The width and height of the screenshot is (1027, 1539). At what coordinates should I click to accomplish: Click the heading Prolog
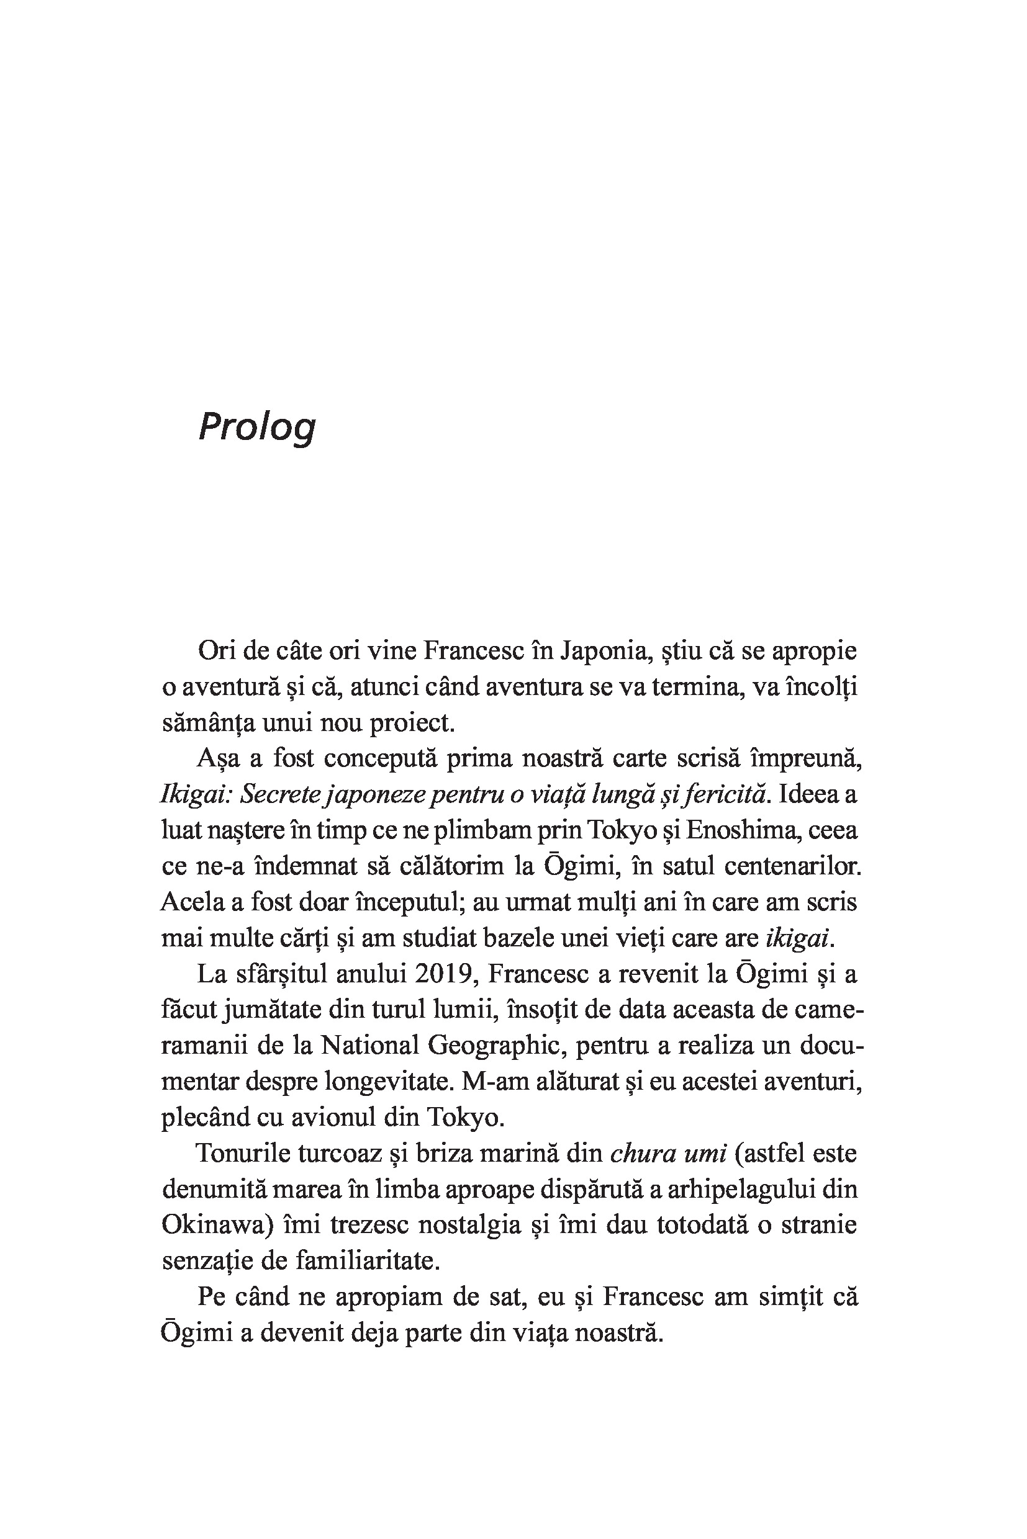[257, 427]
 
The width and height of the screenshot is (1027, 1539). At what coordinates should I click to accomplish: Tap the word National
[369, 1046]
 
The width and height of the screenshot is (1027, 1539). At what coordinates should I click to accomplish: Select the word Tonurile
[242, 1154]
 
